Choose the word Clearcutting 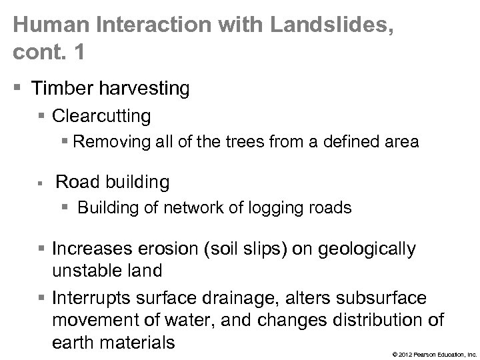point(101,116)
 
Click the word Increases point(93,249)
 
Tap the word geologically point(365,249)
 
